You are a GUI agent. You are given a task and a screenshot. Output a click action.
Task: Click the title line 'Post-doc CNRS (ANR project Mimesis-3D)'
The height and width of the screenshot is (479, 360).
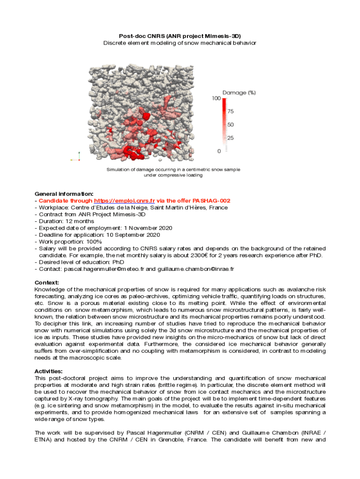180,36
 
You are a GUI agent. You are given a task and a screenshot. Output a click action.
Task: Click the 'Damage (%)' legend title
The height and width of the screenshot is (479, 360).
239,93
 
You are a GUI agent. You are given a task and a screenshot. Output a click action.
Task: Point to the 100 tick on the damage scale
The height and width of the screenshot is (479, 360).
216,99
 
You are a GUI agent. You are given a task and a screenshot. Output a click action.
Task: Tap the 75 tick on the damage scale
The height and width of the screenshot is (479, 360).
230,111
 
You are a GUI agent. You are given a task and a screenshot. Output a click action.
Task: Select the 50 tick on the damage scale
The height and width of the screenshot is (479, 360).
230,125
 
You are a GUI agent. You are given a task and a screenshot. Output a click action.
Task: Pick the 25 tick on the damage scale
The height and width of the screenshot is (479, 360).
230,138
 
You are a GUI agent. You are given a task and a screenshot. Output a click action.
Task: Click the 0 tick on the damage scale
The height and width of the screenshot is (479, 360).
219,151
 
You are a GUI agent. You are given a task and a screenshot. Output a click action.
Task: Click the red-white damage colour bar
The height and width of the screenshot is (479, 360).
224,124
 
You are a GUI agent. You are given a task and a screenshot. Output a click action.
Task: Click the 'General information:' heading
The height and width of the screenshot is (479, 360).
64,193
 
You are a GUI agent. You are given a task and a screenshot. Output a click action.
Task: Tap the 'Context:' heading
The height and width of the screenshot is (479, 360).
47,283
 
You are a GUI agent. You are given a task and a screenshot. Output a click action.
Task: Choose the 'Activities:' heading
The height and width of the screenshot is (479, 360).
49,371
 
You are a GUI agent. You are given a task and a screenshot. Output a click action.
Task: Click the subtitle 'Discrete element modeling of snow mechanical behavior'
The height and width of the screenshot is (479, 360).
180,43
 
